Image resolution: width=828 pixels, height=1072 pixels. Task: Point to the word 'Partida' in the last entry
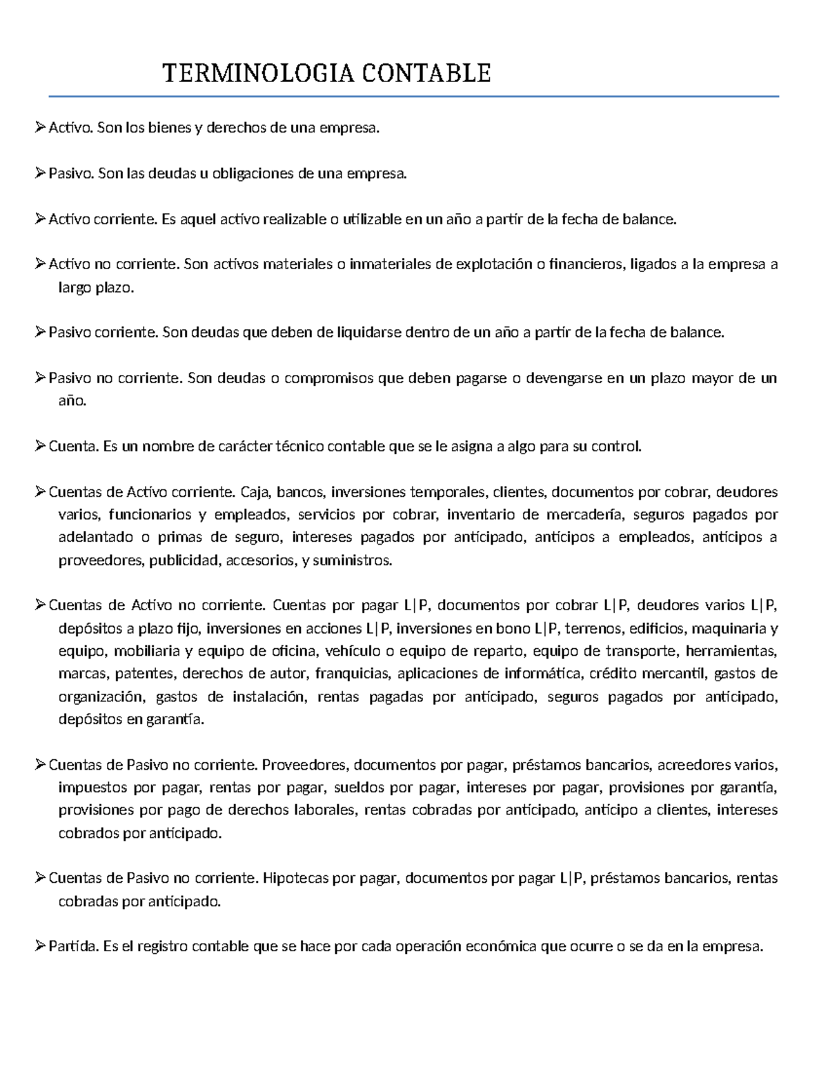(73, 947)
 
